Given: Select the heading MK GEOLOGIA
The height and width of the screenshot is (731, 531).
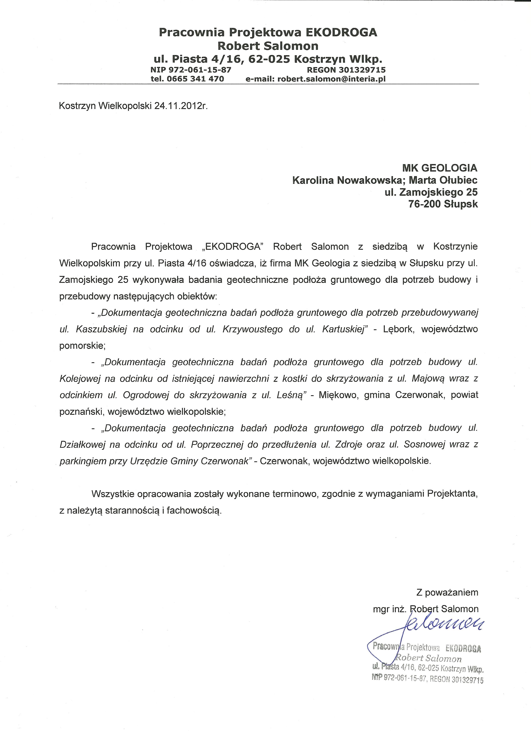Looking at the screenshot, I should click(x=440, y=168).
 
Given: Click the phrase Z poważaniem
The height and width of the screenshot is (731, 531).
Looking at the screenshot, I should click(x=447, y=592).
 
